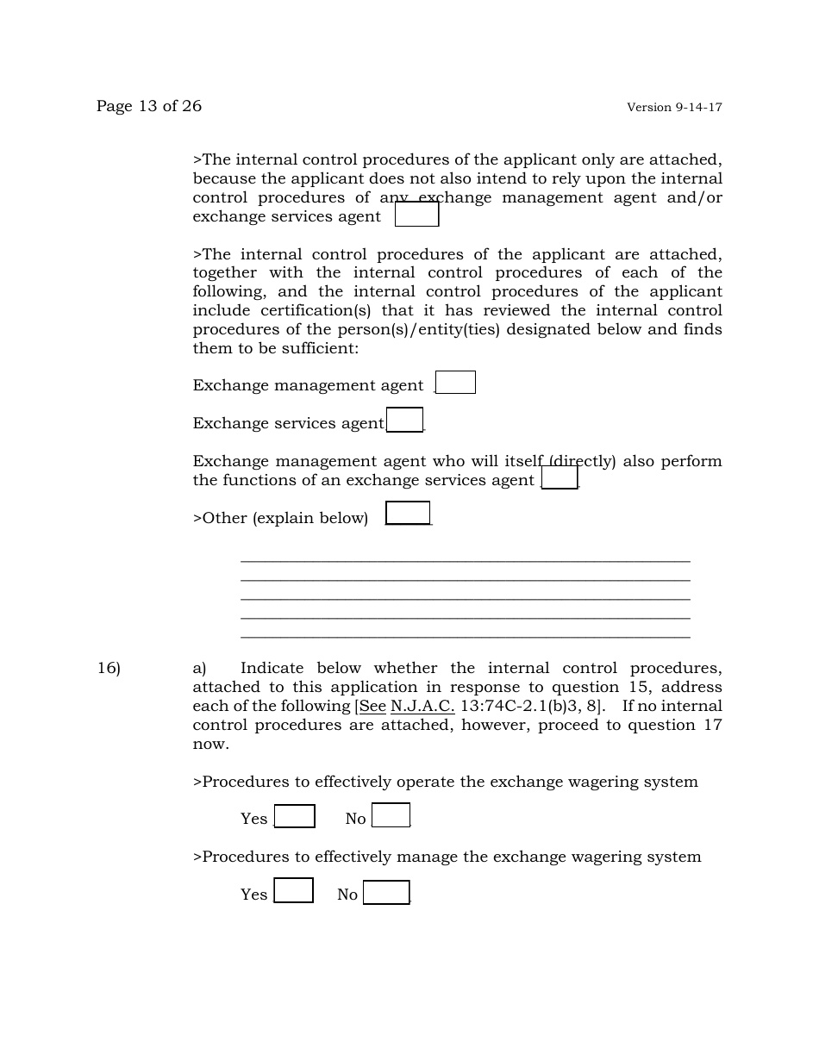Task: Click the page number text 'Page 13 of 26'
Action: (x=149, y=106)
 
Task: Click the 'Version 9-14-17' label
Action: (x=674, y=108)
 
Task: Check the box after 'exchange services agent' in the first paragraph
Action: (x=416, y=215)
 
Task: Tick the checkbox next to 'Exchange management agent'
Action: (x=455, y=383)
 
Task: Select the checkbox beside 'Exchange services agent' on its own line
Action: (x=404, y=420)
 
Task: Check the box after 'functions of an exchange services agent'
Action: (x=560, y=477)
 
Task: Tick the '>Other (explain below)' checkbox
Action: (x=408, y=514)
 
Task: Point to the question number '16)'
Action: (x=109, y=669)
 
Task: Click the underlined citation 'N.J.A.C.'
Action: (x=422, y=707)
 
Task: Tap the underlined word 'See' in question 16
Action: (x=372, y=707)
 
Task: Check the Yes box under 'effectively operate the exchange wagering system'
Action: (x=294, y=816)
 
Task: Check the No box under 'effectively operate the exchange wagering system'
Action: (x=391, y=815)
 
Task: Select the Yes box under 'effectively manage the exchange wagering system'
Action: (x=293, y=891)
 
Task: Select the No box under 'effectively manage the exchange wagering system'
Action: (x=386, y=893)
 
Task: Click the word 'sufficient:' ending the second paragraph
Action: (x=319, y=348)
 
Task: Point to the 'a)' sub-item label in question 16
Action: (x=200, y=669)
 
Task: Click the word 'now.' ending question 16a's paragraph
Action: (x=211, y=745)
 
